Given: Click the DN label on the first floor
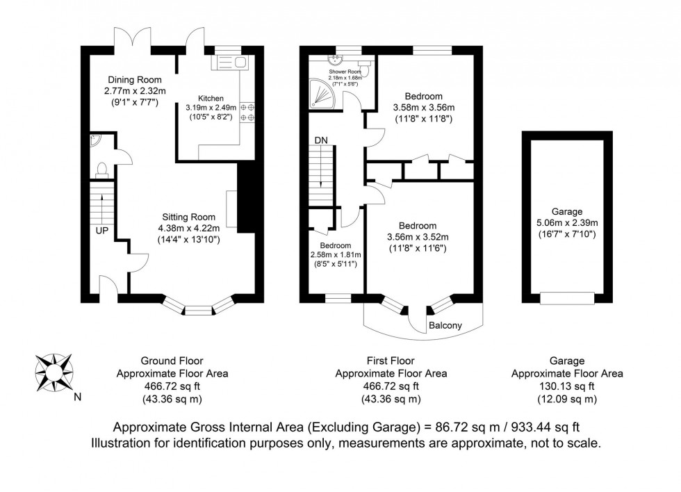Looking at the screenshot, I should (x=320, y=140).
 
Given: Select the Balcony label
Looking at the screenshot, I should (x=445, y=325).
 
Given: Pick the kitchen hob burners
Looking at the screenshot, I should (x=247, y=113).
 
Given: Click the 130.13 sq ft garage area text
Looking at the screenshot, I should (x=566, y=386).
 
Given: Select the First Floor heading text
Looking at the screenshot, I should (x=391, y=361).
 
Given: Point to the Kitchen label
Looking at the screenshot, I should (x=211, y=98).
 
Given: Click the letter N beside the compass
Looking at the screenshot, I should (x=77, y=398).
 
